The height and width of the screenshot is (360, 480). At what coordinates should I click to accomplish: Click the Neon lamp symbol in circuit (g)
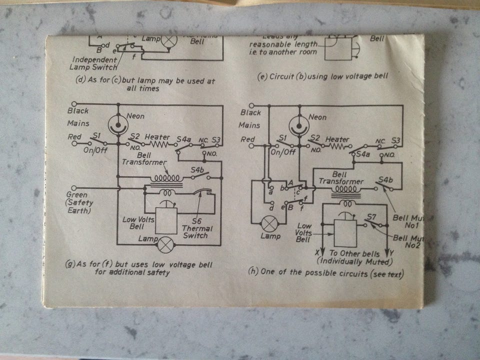tap(118, 124)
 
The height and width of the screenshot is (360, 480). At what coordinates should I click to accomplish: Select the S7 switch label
tap(370, 216)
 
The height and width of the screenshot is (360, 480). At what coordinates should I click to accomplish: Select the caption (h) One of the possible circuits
tap(326, 273)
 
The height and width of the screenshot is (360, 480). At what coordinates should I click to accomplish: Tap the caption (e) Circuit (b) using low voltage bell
tap(323, 76)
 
